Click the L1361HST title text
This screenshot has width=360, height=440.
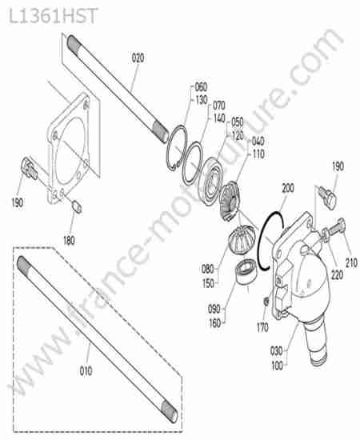54,16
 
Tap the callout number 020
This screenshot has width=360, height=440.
138,58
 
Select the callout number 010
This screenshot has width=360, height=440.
86,371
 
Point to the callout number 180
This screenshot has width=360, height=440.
69,240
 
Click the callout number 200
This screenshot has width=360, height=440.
288,188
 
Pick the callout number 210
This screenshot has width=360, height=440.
351,262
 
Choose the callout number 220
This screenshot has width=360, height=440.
337,274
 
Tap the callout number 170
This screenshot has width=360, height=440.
262,327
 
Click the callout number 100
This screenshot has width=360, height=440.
277,366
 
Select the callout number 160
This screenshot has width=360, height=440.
215,323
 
